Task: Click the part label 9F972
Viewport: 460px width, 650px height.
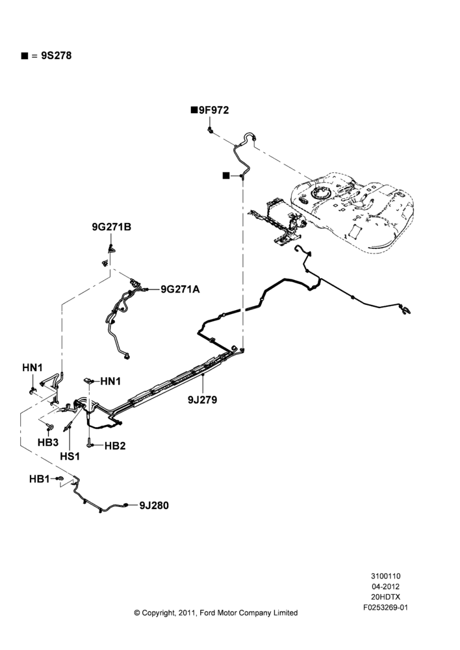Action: coord(214,110)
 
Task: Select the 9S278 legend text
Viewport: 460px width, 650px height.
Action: coord(56,55)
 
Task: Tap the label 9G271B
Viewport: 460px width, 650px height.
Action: coord(112,227)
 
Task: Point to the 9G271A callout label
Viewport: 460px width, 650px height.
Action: coord(180,289)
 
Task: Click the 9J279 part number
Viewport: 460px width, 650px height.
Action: coord(202,400)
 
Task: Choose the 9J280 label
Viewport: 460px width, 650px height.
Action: coord(154,505)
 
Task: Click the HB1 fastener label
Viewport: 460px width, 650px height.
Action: coord(39,479)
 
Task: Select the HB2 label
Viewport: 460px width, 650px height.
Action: coord(115,446)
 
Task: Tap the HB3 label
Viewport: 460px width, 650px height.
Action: coord(48,442)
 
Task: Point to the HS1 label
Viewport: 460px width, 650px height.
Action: coord(70,456)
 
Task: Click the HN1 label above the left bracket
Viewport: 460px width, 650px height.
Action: coord(32,368)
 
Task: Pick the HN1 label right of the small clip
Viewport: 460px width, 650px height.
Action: coord(110,381)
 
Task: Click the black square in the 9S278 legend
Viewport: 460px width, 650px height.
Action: coord(25,56)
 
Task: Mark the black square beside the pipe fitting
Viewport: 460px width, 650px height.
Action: coord(226,175)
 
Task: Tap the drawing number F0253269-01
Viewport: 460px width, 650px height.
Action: coord(385,608)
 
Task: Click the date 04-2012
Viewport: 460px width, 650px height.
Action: coord(385,586)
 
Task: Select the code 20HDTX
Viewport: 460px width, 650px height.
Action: coord(385,597)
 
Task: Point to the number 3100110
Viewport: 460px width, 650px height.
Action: coord(385,576)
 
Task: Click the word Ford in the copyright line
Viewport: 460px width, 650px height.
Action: coord(207,613)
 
